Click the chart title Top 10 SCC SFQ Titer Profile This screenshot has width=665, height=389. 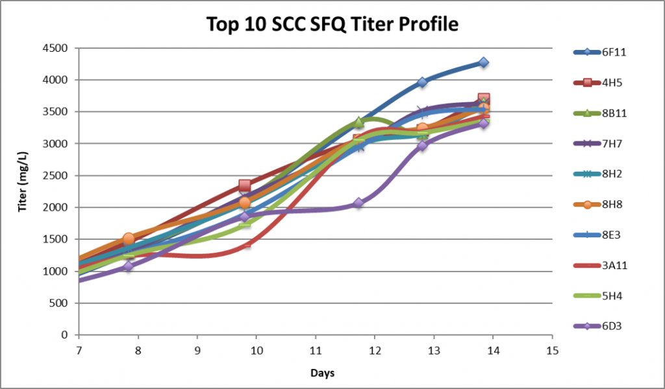(332, 24)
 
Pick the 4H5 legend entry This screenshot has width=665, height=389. (597, 82)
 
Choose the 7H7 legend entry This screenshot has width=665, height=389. (597, 143)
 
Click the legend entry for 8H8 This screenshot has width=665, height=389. (597, 204)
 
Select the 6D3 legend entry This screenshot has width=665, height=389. (597, 326)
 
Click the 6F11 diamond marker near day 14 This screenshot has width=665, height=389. (483, 63)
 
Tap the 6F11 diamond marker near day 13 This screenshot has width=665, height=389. (422, 82)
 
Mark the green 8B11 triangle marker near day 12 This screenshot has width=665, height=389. (358, 123)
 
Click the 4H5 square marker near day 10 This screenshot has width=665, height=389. (244, 185)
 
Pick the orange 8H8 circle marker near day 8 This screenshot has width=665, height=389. (129, 239)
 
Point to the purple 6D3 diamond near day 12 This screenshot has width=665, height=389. (358, 203)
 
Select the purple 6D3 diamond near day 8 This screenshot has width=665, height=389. (128, 266)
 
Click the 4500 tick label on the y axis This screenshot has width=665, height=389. (56, 48)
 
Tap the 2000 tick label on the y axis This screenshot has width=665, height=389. (56, 207)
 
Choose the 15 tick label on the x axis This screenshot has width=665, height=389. (552, 351)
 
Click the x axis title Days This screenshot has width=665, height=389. (322, 373)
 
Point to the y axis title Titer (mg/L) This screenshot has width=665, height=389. (22, 182)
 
